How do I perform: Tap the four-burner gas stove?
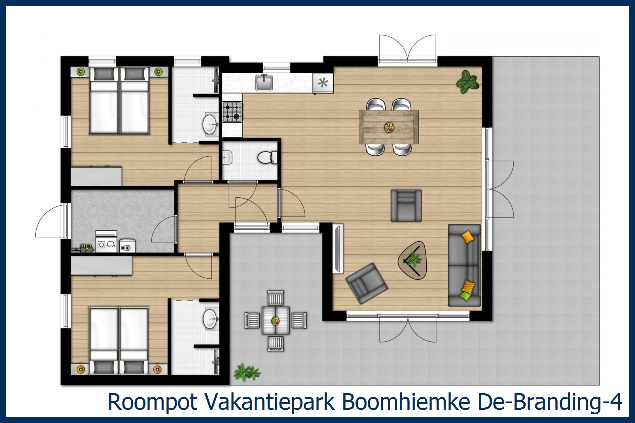pos(232,112)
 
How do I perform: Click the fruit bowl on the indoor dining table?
pos(389,127)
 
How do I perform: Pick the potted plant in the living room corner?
pos(467,82)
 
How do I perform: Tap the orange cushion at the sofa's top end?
pos(467,236)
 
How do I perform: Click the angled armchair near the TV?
pos(367,283)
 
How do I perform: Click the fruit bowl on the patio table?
pos(275,321)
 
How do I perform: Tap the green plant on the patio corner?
pos(246,372)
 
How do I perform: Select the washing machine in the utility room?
pos(107,242)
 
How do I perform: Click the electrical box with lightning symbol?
pos(85,248)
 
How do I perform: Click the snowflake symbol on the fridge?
pos(323,83)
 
